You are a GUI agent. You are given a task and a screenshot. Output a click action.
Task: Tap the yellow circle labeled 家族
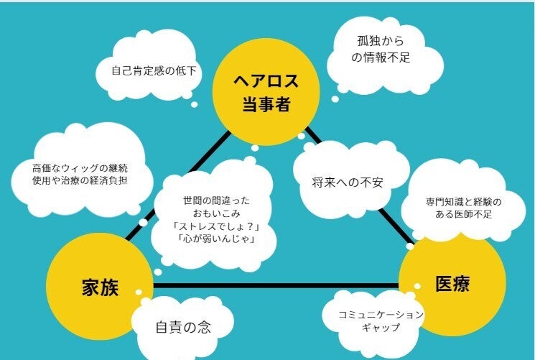click(x=98, y=286)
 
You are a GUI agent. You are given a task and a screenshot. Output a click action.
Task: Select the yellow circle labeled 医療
click(x=452, y=283)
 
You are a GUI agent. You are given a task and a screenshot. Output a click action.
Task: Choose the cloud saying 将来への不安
click(x=348, y=182)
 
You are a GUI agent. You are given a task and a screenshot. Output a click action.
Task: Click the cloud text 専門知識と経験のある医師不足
click(x=452, y=208)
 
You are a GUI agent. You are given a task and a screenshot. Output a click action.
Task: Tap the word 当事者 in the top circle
click(x=265, y=104)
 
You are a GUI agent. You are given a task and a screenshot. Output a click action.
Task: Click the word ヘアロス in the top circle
click(x=265, y=80)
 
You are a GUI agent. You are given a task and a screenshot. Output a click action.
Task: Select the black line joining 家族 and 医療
click(x=273, y=286)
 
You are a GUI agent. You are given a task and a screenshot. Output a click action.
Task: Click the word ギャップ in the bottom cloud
click(x=381, y=328)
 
